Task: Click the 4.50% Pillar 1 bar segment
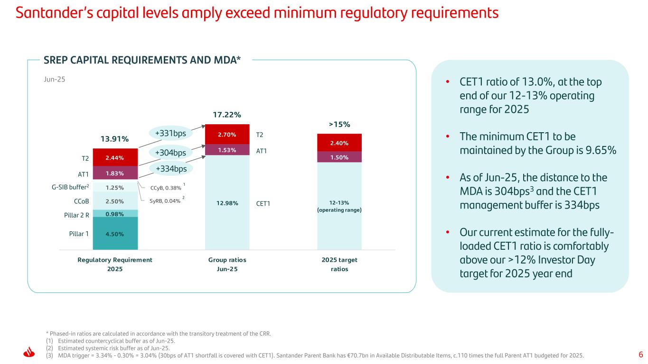point(115,233)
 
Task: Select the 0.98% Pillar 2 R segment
point(115,214)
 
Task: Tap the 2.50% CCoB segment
point(115,200)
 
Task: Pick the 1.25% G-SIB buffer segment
point(115,187)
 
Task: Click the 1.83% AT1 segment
point(115,173)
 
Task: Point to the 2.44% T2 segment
point(115,157)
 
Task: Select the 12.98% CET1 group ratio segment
point(227,204)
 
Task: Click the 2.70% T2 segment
point(227,134)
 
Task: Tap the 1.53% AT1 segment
point(227,150)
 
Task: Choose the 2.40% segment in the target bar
point(339,143)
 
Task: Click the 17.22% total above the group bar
point(227,115)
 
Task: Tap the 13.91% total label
point(115,139)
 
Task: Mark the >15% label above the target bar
point(339,125)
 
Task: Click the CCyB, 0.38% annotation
point(165,188)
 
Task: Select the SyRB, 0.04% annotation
point(165,201)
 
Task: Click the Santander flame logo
point(29,354)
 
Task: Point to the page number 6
point(640,355)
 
